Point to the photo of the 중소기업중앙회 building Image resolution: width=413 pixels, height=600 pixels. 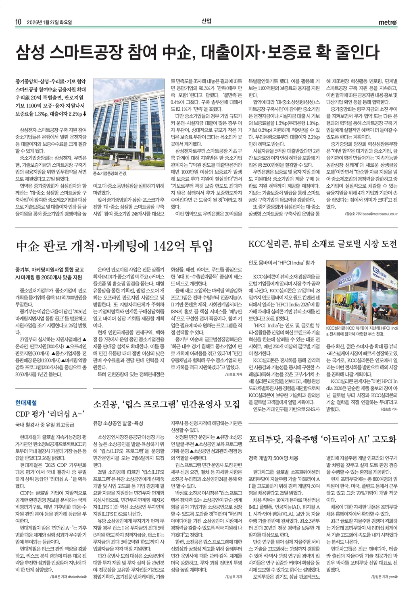[x=128, y=123]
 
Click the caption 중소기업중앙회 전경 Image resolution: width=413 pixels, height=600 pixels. [x=110, y=173]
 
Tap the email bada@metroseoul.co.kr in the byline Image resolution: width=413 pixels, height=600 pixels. [x=381, y=214]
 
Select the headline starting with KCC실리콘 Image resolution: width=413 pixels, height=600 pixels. [x=323, y=244]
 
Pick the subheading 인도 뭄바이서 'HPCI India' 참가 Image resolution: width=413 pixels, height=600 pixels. [x=281, y=263]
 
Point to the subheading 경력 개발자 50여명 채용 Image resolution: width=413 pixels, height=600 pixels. [x=274, y=458]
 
